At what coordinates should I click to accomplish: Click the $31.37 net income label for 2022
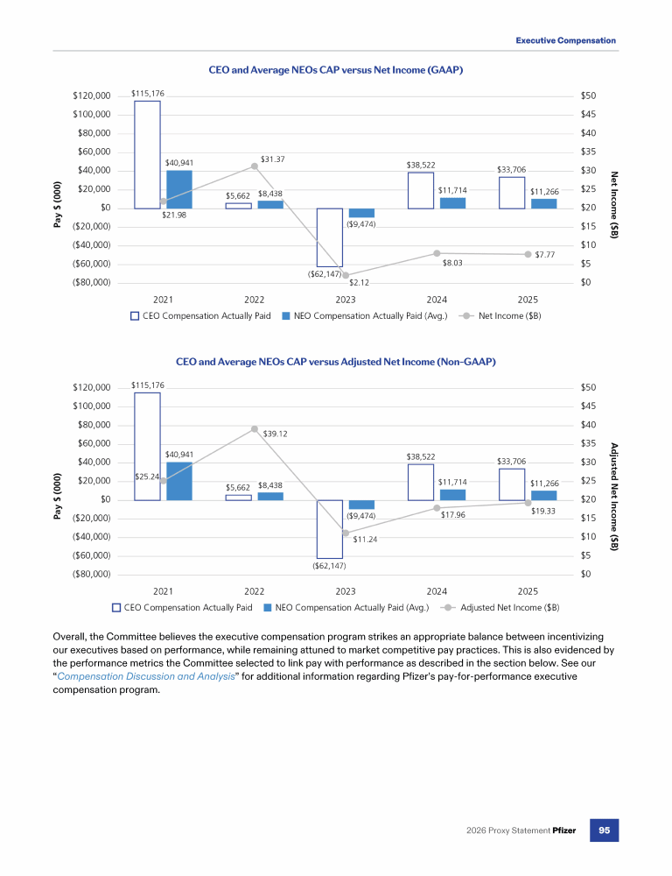(273, 159)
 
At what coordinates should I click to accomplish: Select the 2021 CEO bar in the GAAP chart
(147, 154)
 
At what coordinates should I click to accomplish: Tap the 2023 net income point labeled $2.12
(346, 275)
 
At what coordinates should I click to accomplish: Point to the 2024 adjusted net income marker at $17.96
(437, 508)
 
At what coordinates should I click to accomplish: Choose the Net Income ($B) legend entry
(500, 315)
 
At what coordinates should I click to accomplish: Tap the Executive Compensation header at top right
(565, 41)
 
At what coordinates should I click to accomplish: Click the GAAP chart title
(335, 69)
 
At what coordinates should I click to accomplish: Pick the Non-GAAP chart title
(335, 361)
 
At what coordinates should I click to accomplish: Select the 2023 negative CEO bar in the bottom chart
(329, 529)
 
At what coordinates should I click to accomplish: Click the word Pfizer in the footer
(563, 830)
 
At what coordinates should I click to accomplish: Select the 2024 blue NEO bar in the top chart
(452, 203)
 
